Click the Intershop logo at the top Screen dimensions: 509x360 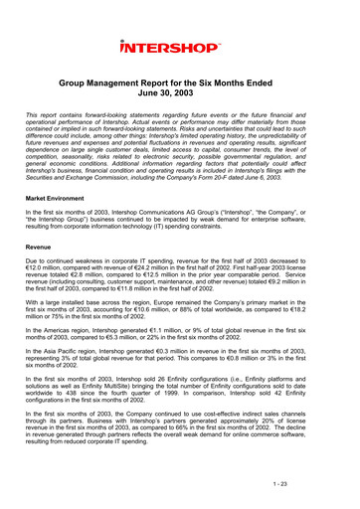(x=179, y=47)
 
